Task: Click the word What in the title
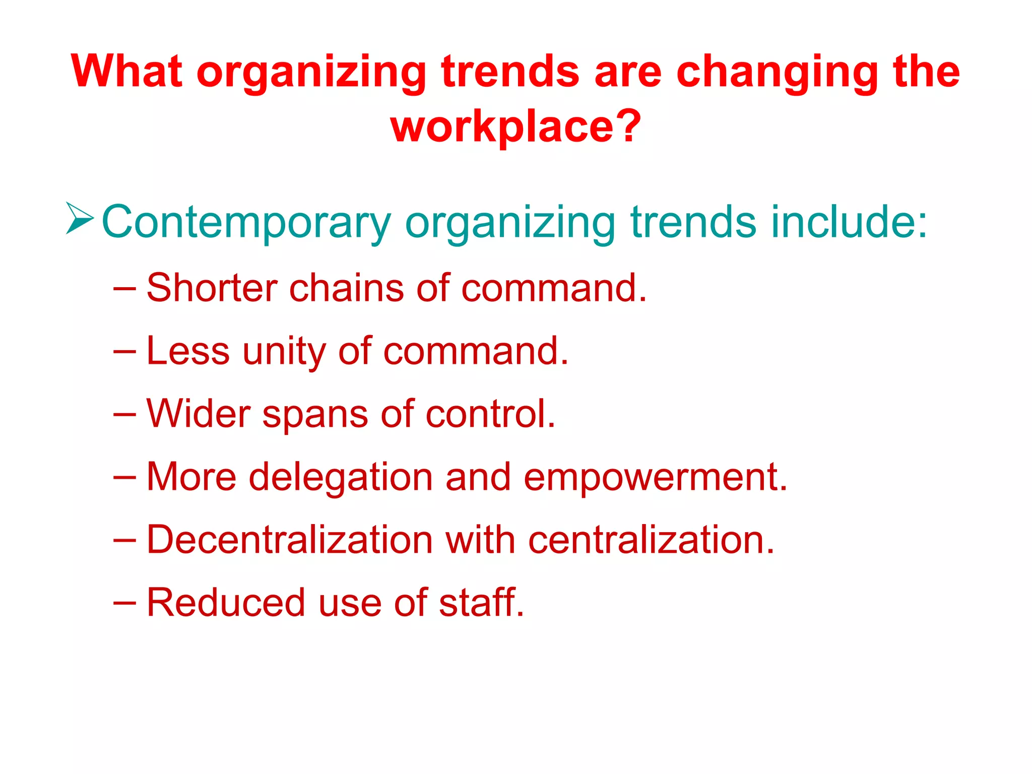coord(126,72)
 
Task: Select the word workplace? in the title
coord(515,127)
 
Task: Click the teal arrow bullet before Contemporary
coord(80,219)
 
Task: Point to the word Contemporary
coord(246,223)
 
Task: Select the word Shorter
coord(212,288)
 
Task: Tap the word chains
coord(346,288)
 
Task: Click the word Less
coord(188,351)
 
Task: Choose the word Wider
coord(199,414)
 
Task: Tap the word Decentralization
coord(290,540)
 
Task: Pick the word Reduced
coord(226,602)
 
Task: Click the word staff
coord(481,602)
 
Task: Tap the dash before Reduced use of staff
coord(124,602)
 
